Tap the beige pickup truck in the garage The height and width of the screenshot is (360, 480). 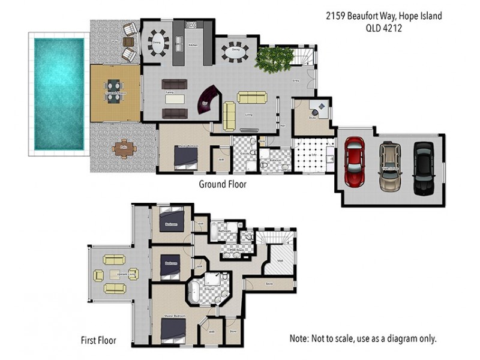tap(389, 165)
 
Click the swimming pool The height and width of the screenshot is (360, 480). tap(58, 94)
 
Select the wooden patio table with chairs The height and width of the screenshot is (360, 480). tap(124, 148)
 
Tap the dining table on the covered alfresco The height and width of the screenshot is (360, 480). tap(113, 92)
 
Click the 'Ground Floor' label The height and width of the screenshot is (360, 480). tap(223, 184)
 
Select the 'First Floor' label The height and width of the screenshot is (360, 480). tap(98, 341)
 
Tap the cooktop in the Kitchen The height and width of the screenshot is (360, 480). tap(193, 25)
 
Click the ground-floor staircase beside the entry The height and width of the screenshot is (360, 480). tap(305, 58)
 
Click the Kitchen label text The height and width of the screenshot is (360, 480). tap(193, 45)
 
